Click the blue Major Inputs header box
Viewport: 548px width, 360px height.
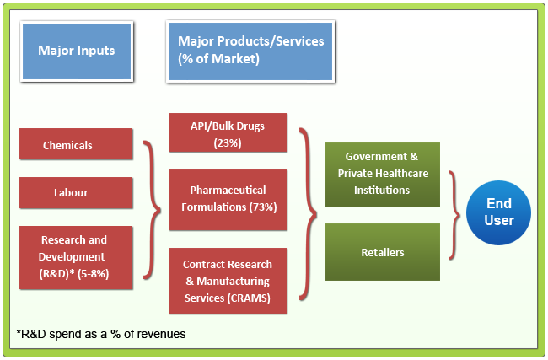pos(76,51)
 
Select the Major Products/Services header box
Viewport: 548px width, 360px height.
pos(250,51)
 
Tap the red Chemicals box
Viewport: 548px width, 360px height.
pos(76,145)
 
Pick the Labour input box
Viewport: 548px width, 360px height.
pos(76,192)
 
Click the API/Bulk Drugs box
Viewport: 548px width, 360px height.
pos(228,134)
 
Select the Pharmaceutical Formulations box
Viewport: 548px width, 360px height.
pos(228,199)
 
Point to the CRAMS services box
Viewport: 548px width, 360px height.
pos(228,281)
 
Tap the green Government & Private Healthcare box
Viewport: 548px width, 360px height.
pos(383,174)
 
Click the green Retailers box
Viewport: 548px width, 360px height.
pos(383,252)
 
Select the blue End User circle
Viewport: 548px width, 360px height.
pos(498,212)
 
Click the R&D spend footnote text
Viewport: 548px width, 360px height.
pos(101,334)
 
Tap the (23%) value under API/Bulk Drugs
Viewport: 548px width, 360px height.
pos(228,142)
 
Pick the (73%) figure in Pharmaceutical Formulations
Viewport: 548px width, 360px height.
pos(261,207)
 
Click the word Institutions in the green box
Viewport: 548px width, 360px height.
pos(383,190)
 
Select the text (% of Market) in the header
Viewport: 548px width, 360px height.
pos(218,59)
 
